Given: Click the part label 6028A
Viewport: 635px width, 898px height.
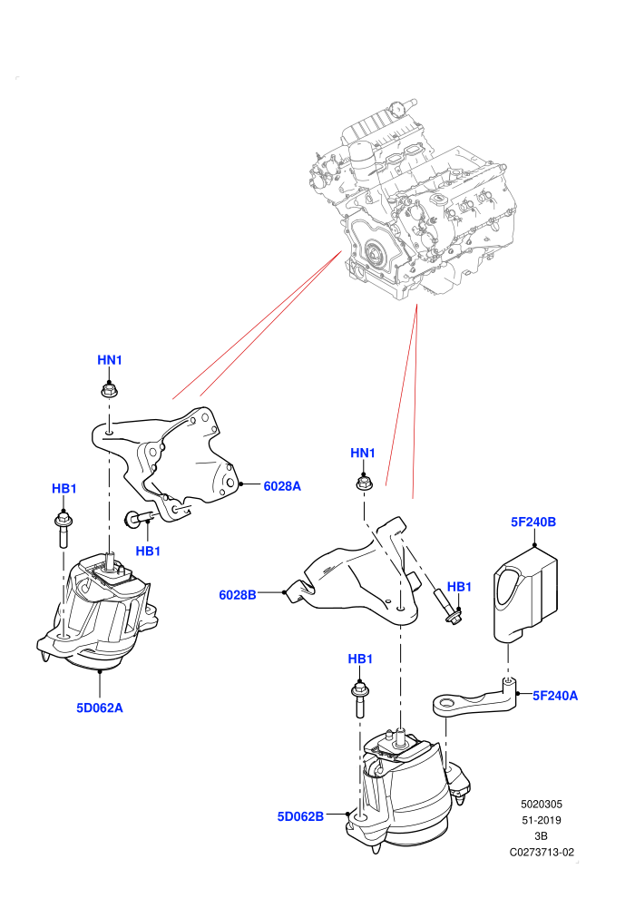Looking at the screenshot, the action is click(x=282, y=486).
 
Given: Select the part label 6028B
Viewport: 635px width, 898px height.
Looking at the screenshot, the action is click(x=238, y=595).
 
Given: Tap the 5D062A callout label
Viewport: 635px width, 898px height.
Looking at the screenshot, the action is click(x=100, y=708).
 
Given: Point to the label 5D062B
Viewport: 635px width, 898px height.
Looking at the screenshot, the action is click(x=300, y=816).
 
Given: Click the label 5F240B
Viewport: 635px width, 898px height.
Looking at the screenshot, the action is click(x=533, y=522).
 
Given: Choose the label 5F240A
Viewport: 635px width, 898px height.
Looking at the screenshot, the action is click(x=555, y=696).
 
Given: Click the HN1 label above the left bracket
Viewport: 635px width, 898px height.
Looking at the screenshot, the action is click(x=110, y=360).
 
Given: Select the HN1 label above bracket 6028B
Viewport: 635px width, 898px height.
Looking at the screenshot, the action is click(x=363, y=453).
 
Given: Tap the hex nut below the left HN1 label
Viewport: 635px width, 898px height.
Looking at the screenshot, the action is click(x=109, y=391).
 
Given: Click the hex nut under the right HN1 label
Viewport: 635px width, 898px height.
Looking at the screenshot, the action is click(x=363, y=483).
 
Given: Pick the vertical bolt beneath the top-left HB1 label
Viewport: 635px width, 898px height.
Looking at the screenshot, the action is click(x=63, y=531).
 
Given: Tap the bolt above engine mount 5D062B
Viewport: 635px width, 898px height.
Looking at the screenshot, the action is click(x=358, y=699).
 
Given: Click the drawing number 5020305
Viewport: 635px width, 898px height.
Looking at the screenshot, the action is click(x=542, y=804).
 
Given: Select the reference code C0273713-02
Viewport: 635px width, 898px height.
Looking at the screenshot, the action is click(x=542, y=852).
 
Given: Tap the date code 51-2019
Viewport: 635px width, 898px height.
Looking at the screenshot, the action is click(x=542, y=820).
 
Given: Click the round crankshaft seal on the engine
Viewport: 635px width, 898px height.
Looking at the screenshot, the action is click(x=374, y=252).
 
